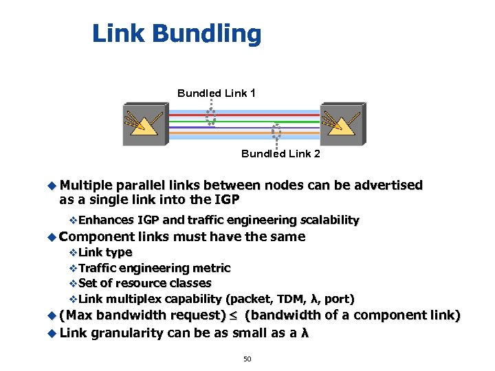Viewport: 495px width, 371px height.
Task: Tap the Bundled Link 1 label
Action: click(217, 93)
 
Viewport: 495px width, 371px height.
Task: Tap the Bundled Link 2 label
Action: click(280, 154)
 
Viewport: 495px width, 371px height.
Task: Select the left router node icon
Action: click(145, 124)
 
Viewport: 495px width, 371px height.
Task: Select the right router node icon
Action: click(342, 124)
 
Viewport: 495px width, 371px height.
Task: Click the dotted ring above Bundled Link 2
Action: click(276, 131)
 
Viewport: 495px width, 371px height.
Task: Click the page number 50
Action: click(247, 359)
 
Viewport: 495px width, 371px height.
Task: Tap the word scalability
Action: click(329, 220)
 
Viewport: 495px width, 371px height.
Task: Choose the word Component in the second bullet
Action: click(96, 236)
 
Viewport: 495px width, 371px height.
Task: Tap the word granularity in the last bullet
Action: click(127, 333)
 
